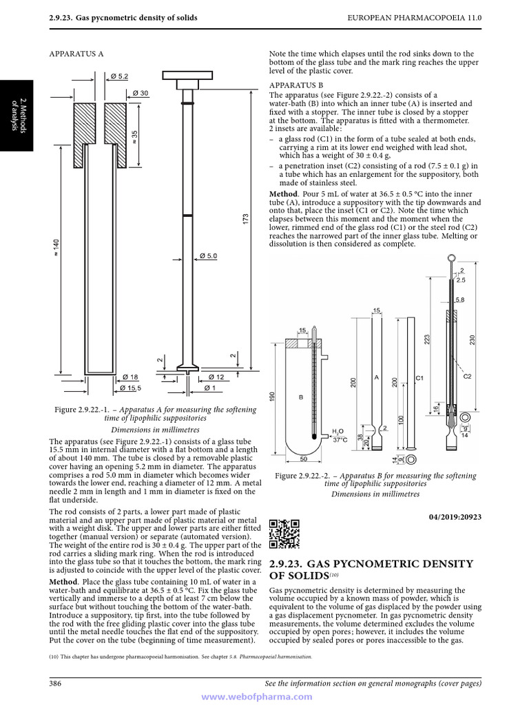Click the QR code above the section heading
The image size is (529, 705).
(284, 534)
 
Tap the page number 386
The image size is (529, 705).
(55, 683)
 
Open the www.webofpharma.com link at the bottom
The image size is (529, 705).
(264, 697)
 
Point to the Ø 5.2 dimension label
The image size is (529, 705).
(119, 76)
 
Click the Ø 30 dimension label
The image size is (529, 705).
(140, 93)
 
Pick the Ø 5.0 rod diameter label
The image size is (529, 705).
(208, 256)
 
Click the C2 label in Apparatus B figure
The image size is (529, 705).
(467, 377)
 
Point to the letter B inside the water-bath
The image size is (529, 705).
(300, 397)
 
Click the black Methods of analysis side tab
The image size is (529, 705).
(15, 114)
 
